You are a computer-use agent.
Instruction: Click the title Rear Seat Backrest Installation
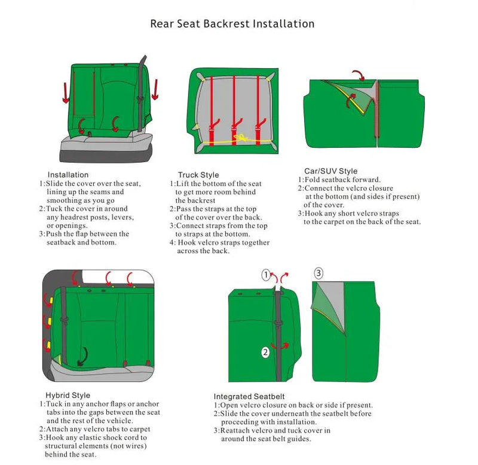(x=232, y=24)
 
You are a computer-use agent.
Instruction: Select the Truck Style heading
(x=198, y=175)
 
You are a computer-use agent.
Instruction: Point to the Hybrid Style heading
(x=68, y=395)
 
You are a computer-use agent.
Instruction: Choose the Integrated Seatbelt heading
(x=249, y=396)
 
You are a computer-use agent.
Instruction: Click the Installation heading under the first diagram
(x=68, y=175)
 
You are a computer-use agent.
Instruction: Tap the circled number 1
(x=266, y=275)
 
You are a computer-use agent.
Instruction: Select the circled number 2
(x=266, y=352)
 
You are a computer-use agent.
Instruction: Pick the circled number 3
(x=318, y=273)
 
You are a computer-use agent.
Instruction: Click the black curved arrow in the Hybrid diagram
(x=82, y=355)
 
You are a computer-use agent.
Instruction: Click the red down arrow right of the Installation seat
(x=155, y=90)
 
